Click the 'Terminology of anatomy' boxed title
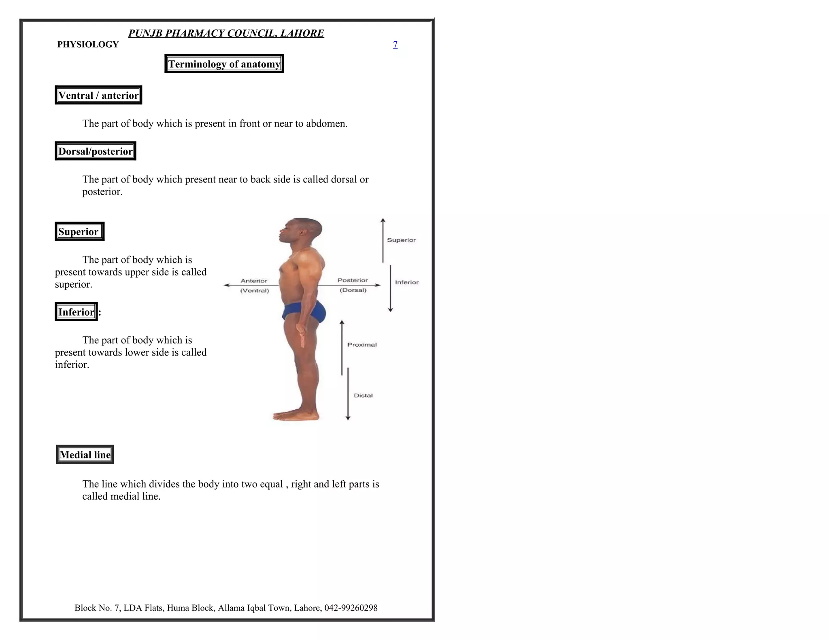click(x=224, y=64)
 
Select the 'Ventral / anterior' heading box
click(x=98, y=95)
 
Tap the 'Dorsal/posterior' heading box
click(x=96, y=151)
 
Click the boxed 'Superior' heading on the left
click(x=79, y=231)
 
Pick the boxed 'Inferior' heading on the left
click(x=76, y=312)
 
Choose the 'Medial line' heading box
click(x=85, y=455)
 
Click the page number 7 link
click(x=395, y=45)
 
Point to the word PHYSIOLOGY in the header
click(x=88, y=45)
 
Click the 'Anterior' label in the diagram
click(x=254, y=281)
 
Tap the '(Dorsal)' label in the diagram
click(x=353, y=290)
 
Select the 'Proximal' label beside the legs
click(x=362, y=345)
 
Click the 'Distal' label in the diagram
click(x=363, y=396)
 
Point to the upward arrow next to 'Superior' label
click(x=383, y=240)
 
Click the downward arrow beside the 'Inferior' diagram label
click(x=391, y=288)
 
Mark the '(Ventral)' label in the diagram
click(x=255, y=290)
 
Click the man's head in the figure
click(x=302, y=231)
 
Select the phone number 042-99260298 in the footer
click(x=351, y=608)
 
